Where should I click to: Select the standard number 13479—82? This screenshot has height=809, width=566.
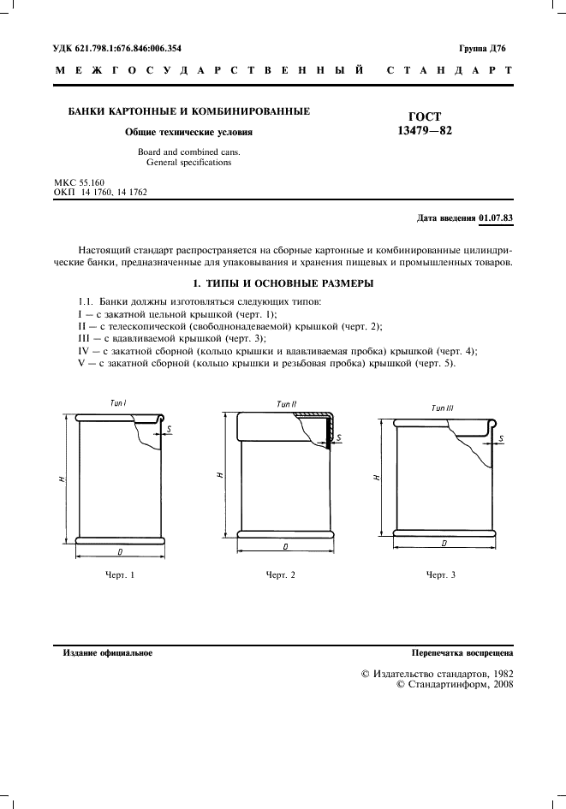point(425,131)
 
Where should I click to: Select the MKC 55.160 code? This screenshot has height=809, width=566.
point(79,183)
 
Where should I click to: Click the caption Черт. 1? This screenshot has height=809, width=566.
point(120,574)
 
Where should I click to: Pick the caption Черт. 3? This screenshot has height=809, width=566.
point(441,574)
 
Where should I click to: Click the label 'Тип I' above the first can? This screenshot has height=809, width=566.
point(118,402)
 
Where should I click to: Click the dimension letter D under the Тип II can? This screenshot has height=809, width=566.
point(283,545)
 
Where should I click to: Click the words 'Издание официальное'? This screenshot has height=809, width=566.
point(108,653)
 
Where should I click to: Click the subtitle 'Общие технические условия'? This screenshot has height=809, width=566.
point(189,133)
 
